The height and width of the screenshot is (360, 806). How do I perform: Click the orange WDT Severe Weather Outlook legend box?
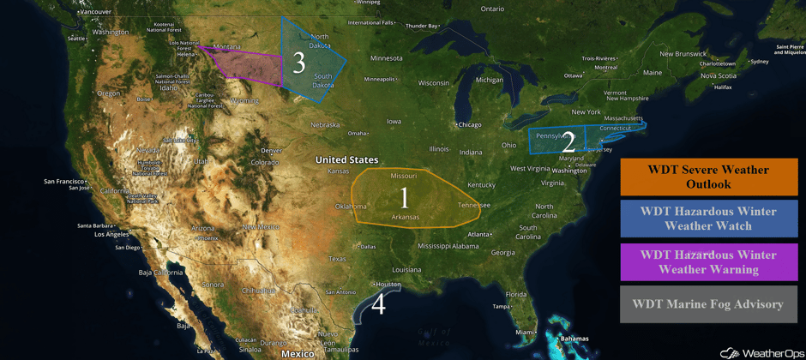coord(708,177)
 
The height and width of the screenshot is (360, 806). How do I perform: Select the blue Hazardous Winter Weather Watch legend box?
coord(708,219)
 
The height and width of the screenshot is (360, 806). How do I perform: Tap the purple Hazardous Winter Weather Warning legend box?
coord(708,261)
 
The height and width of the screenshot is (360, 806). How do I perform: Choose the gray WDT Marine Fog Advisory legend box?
coord(708,303)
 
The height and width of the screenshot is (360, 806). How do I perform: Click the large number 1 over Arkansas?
coord(404,198)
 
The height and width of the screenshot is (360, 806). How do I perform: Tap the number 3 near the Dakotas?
coord(298,62)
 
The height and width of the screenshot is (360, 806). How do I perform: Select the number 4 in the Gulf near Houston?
coord(378,303)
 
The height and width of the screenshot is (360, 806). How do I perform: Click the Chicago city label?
coord(469,124)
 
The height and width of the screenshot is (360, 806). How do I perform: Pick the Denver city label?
coord(271,151)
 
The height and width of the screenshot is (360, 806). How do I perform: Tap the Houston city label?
coord(388,285)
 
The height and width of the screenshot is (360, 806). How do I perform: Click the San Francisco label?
coord(64,181)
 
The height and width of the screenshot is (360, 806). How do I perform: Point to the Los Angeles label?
coord(111,234)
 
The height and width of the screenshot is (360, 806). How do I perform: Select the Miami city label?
coord(522,332)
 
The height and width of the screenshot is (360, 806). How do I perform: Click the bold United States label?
coord(346,159)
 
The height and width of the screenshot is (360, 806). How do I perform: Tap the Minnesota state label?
coord(386,58)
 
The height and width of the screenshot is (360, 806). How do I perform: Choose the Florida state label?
coord(515,294)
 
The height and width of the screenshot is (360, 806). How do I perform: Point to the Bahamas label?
coord(574,339)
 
